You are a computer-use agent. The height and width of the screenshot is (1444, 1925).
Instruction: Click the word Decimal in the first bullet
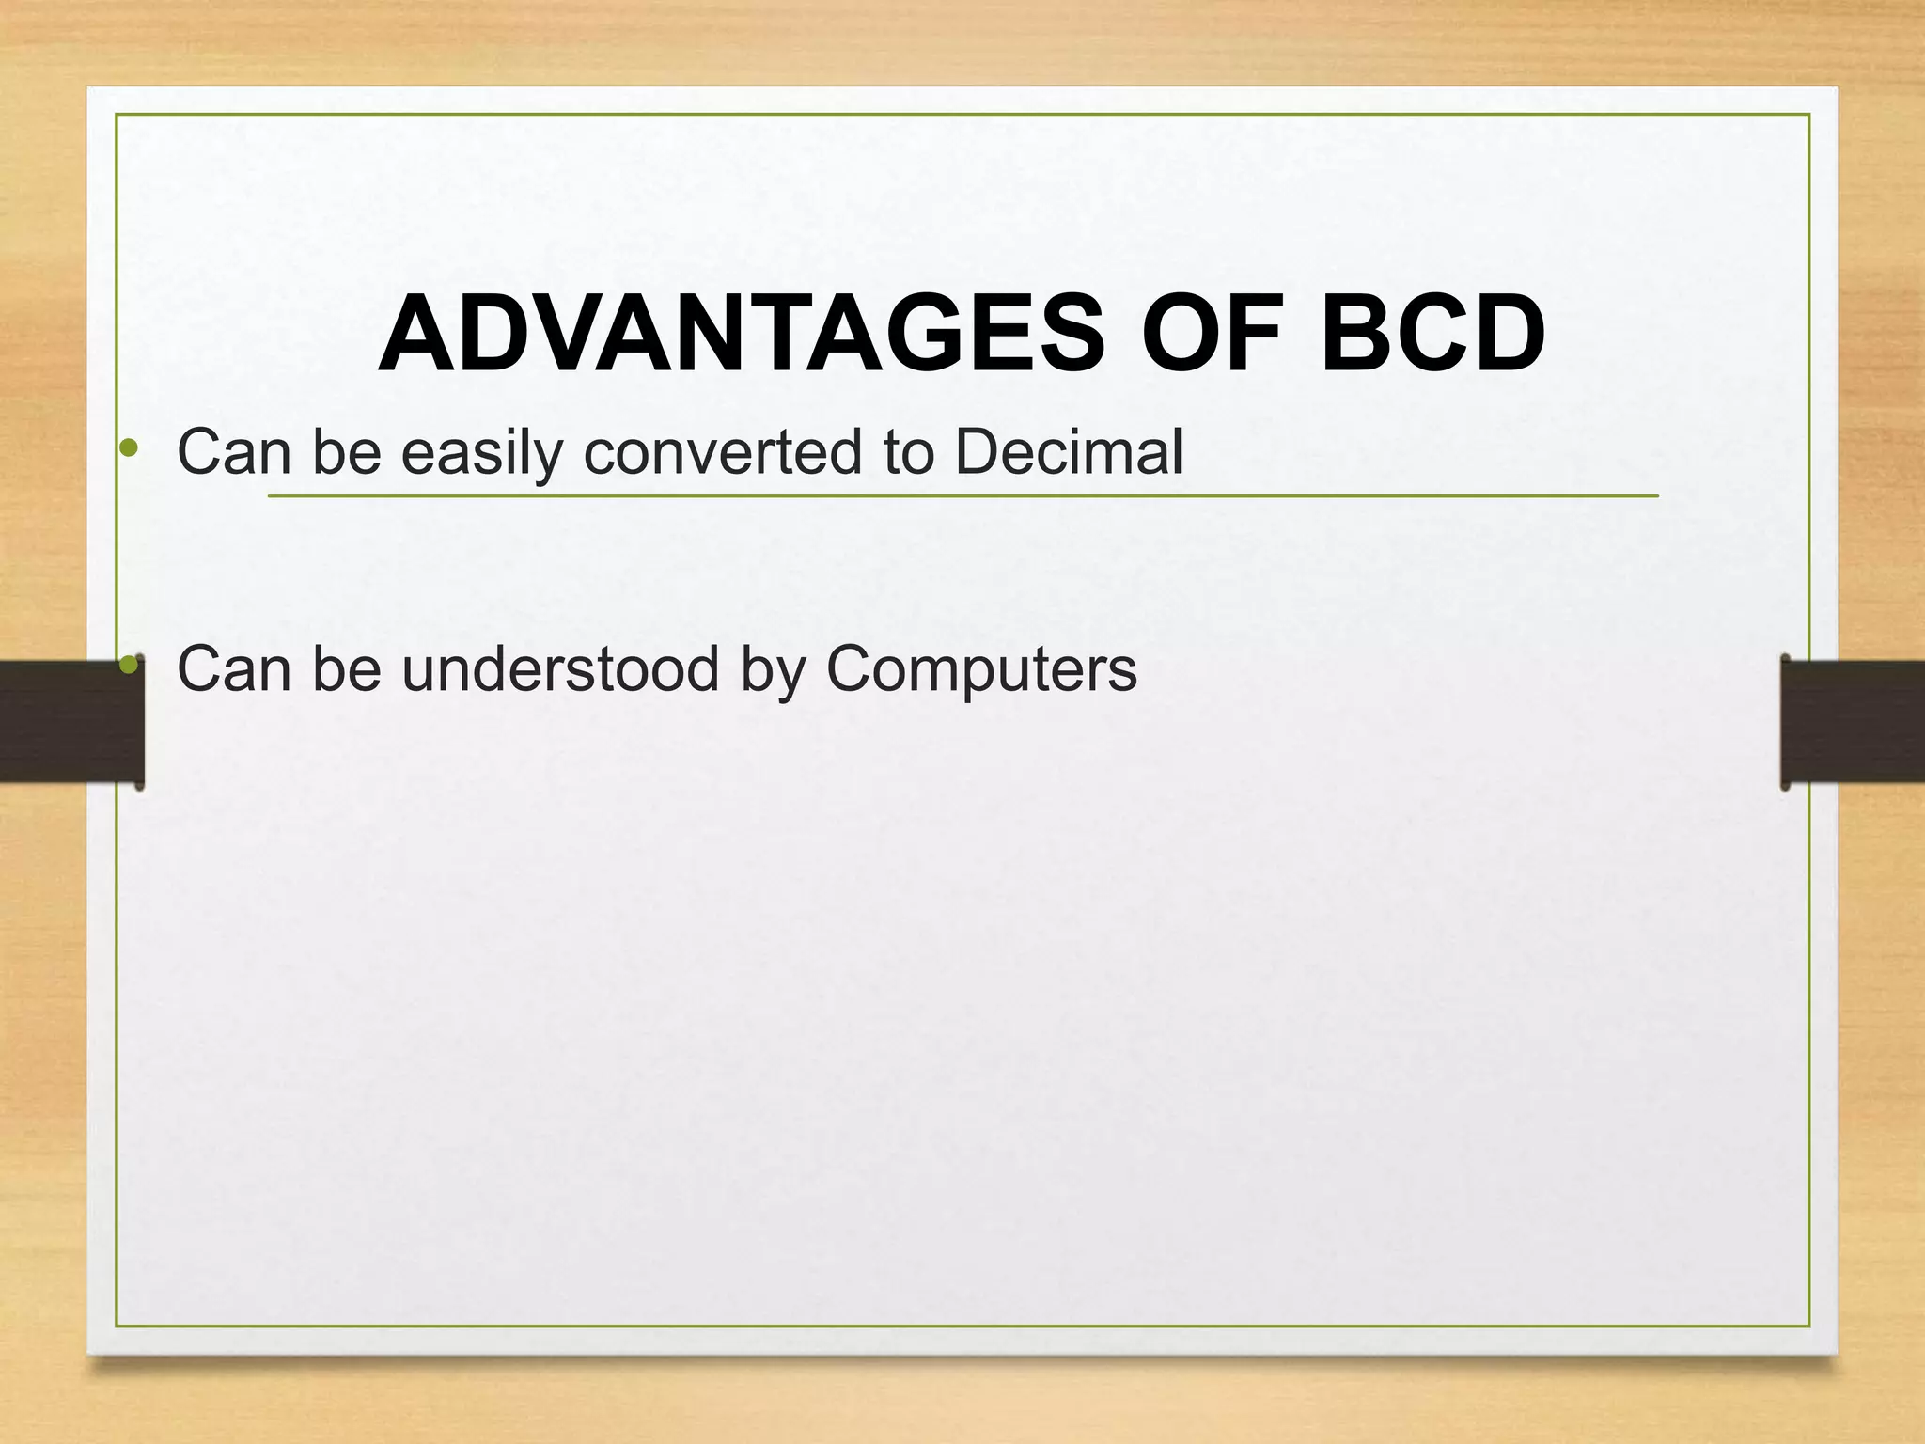[x=1068, y=453]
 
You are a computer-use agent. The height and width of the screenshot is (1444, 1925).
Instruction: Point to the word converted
[x=723, y=453]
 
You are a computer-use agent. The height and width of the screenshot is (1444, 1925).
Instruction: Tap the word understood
[x=560, y=670]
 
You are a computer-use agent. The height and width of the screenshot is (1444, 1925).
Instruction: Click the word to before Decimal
[x=908, y=453]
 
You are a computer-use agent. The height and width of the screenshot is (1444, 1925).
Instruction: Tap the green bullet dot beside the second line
[x=130, y=666]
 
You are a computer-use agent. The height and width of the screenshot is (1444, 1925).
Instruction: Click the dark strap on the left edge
[x=66, y=722]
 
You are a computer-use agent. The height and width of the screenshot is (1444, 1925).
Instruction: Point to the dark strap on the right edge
[x=1856, y=722]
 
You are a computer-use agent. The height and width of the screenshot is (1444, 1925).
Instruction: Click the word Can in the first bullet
[x=234, y=453]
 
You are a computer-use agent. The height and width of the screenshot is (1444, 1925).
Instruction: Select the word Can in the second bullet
[x=234, y=670]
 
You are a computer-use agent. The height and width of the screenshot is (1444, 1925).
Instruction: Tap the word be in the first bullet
[x=346, y=453]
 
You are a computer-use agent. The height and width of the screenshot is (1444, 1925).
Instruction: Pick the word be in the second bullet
[x=346, y=670]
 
